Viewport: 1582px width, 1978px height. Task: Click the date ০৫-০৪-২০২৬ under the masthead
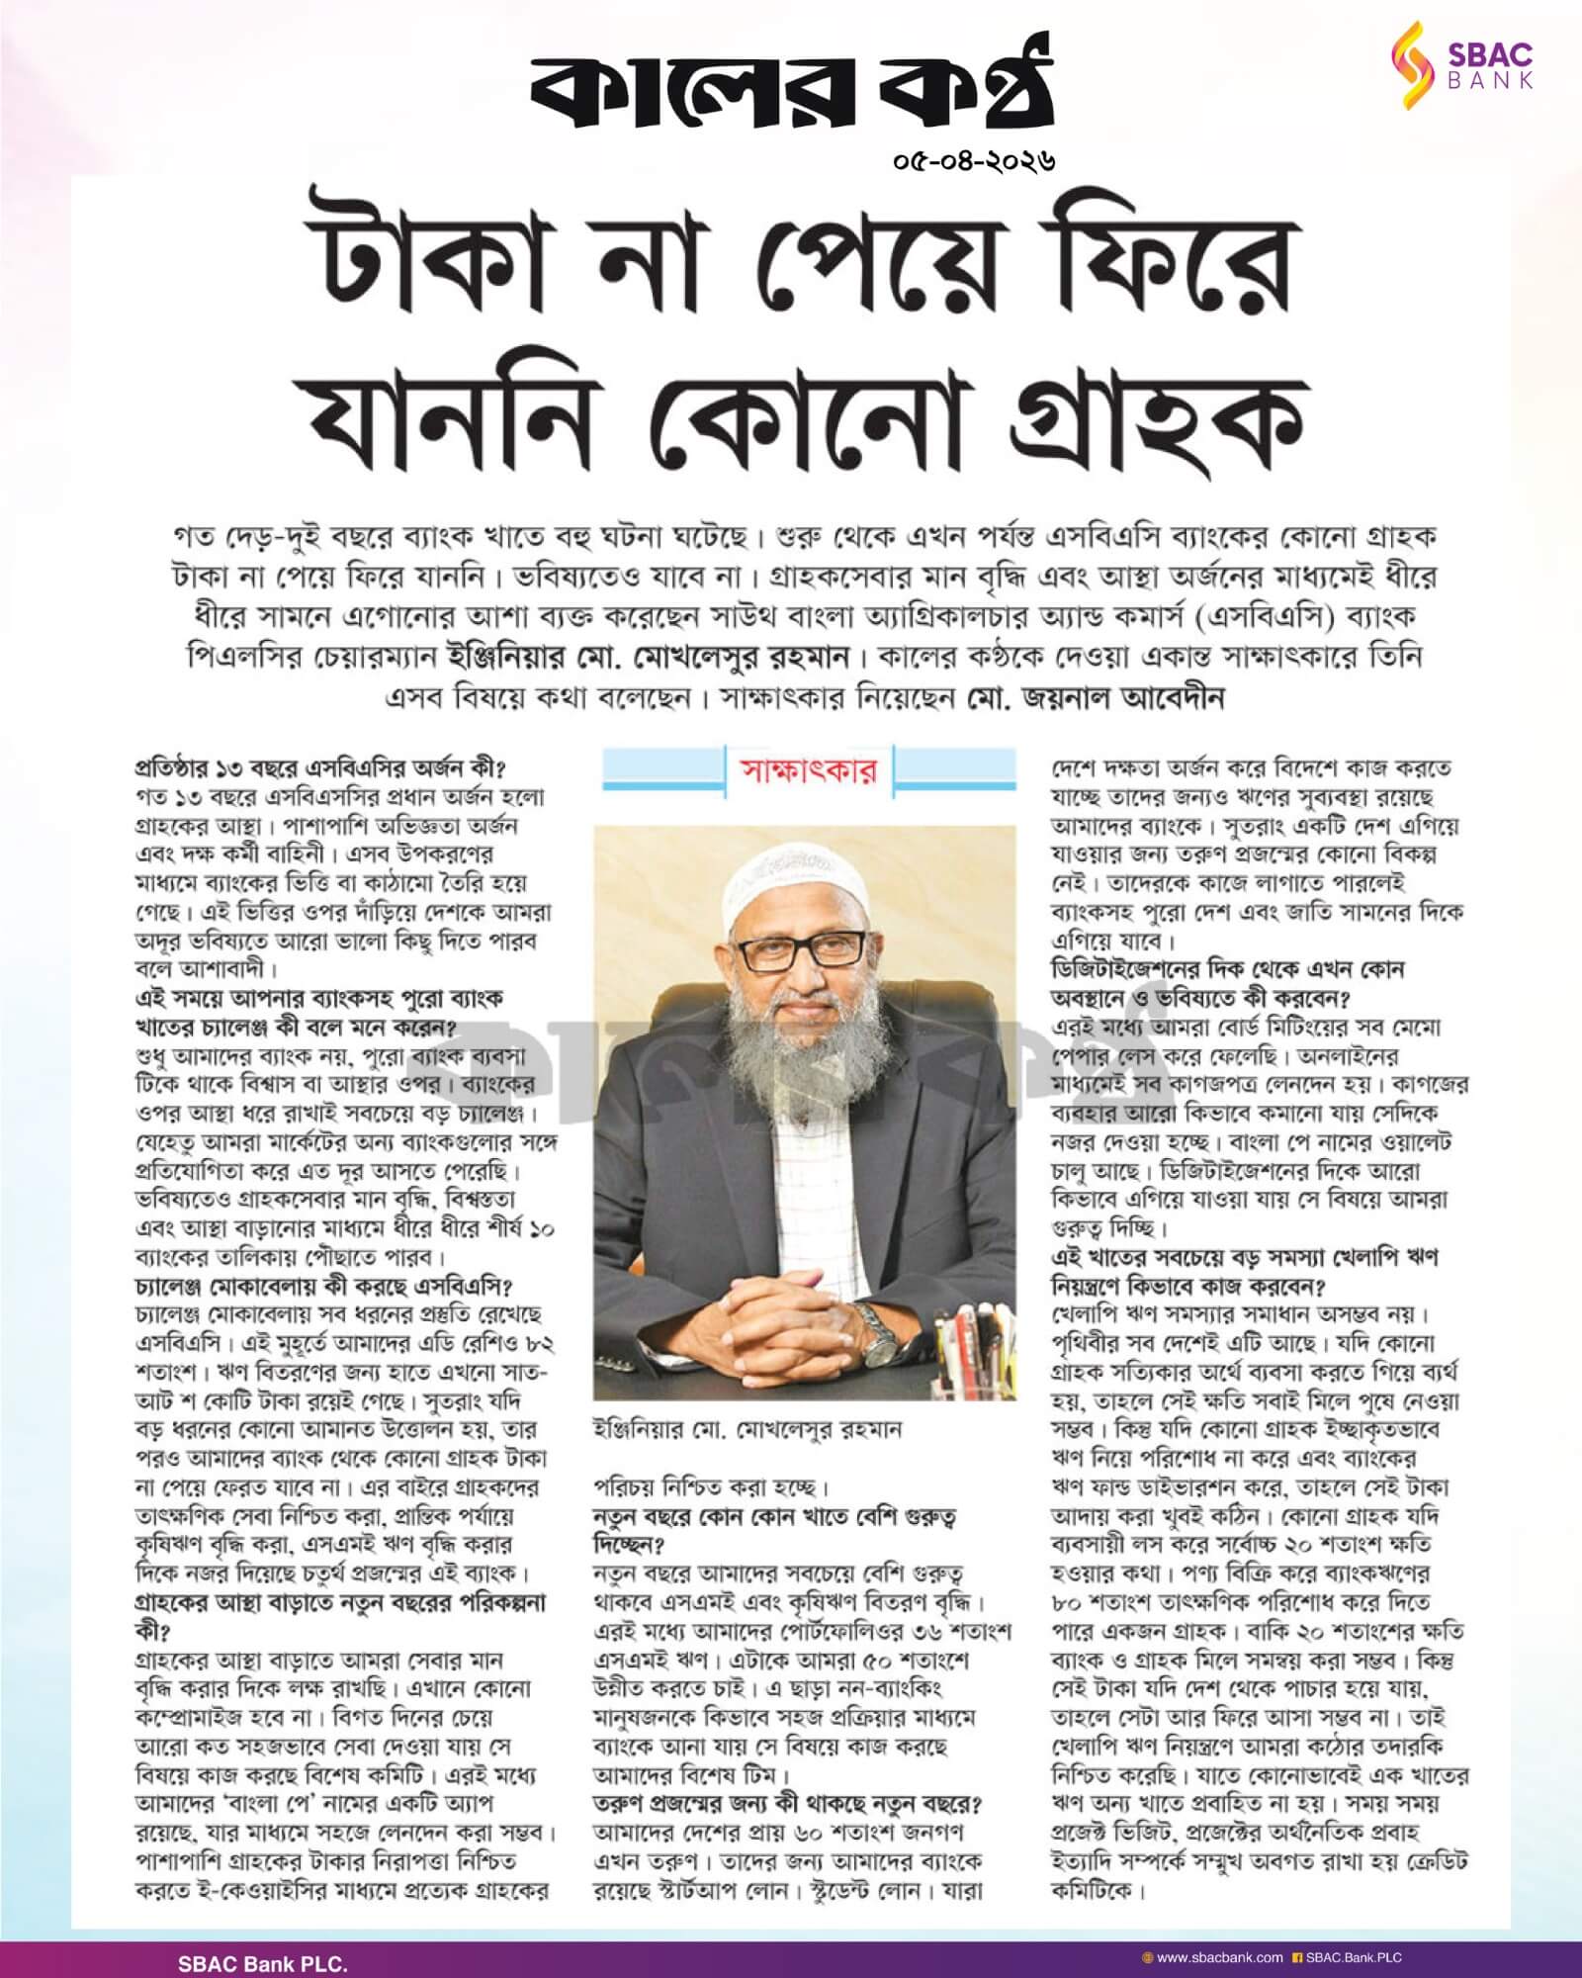[x=974, y=157]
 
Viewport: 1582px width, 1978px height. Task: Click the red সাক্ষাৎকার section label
[x=809, y=770]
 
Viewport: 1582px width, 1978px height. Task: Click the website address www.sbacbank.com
[x=1219, y=1956]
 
